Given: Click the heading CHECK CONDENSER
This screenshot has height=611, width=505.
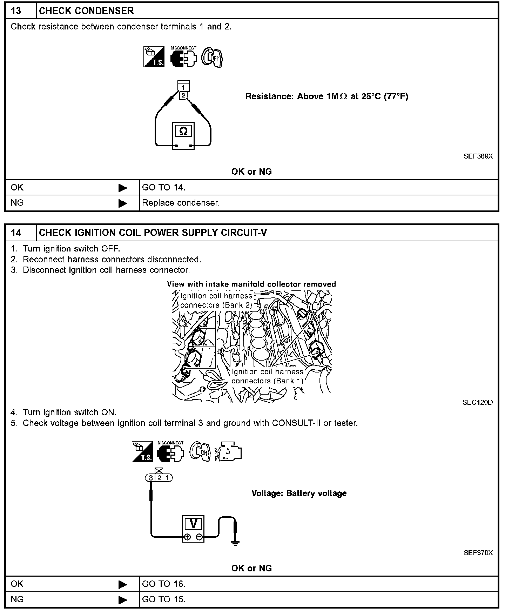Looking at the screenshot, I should click(x=86, y=11).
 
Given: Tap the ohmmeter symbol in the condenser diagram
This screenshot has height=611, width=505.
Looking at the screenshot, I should click(x=183, y=132).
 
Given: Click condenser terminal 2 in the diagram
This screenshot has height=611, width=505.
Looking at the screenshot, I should click(x=183, y=95).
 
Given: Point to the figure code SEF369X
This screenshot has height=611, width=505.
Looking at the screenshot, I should click(x=478, y=156).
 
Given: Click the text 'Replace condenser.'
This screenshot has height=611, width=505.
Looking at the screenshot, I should click(x=181, y=203).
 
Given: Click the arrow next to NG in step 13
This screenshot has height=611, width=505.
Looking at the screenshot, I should click(x=123, y=203).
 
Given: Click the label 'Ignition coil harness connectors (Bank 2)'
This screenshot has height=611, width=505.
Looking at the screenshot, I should click(x=216, y=301).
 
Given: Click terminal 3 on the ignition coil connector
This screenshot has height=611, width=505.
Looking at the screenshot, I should click(x=151, y=478).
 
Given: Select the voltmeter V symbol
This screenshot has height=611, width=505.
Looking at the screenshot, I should click(x=193, y=524).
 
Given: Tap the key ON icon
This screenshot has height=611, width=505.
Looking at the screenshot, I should click(x=200, y=451).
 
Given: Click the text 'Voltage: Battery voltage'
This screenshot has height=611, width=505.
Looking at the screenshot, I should click(x=299, y=493).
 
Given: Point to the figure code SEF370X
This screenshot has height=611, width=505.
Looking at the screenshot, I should click(x=478, y=553).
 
